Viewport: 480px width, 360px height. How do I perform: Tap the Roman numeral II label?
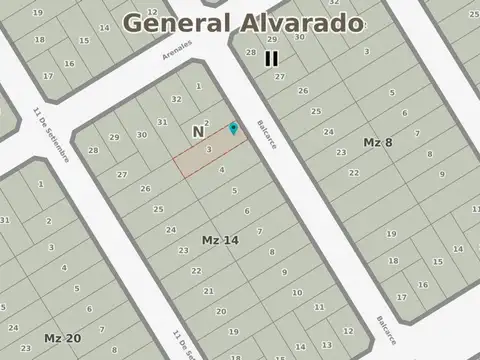(x=271, y=58)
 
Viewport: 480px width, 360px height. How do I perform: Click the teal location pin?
(x=234, y=128)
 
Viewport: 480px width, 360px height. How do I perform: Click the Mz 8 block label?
(x=378, y=143)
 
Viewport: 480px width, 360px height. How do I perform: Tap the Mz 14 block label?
(x=219, y=240)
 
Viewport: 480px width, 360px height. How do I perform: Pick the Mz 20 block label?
(x=62, y=338)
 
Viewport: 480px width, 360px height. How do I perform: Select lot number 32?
(x=176, y=99)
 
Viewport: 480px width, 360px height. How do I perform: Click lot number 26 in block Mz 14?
(x=145, y=188)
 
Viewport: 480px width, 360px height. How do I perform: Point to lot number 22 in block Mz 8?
(x=353, y=172)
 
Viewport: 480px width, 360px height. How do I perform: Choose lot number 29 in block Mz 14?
(x=114, y=137)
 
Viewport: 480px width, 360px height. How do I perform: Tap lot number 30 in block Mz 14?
(x=141, y=134)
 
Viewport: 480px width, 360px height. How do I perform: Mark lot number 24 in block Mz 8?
(x=328, y=131)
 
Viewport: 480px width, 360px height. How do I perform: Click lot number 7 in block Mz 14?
(x=259, y=231)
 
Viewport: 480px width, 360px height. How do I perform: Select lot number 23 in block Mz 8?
(x=341, y=152)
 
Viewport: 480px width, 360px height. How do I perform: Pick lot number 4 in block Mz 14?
(x=221, y=170)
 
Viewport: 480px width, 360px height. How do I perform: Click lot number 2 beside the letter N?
(x=206, y=124)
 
